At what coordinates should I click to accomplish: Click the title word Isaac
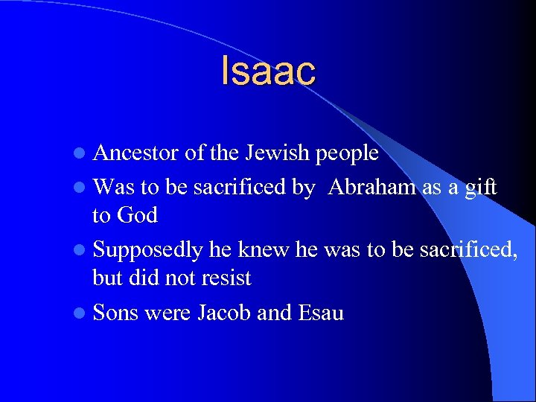(268, 71)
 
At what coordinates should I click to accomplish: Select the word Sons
(115, 313)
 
